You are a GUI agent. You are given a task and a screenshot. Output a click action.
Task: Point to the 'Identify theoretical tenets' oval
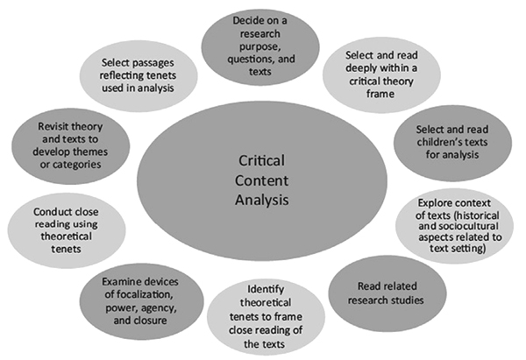pyautogui.click(x=266, y=315)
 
